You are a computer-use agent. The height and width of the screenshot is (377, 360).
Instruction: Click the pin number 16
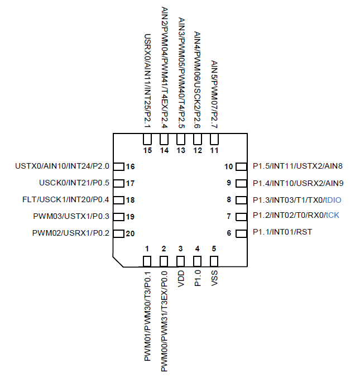click(x=131, y=166)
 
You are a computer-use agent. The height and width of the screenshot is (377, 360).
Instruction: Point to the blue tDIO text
click(x=333, y=199)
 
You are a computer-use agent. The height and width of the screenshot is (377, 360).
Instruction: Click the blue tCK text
click(x=332, y=216)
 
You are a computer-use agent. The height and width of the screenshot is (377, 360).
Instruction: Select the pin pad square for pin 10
click(x=241, y=166)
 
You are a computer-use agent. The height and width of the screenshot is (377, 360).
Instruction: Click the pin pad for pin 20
click(x=118, y=233)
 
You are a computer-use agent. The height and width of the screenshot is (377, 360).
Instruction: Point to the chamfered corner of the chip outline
click(x=118, y=261)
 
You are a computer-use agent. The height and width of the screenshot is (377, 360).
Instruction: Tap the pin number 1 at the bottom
click(x=147, y=249)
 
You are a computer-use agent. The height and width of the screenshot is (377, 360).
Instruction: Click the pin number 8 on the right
click(x=229, y=199)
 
